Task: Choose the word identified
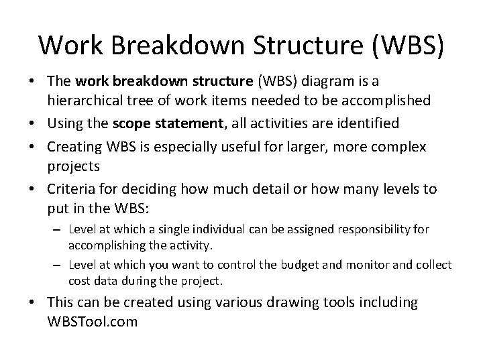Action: pos(372,123)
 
